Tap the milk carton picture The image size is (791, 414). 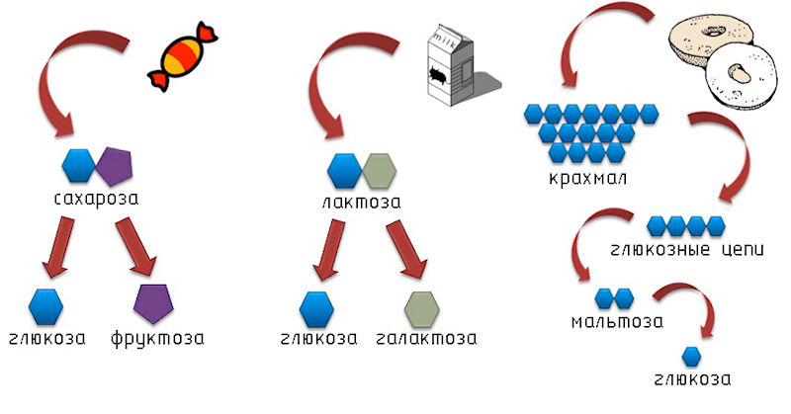pos(445,64)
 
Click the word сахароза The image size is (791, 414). pos(97,198)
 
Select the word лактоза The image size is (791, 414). pos(362,202)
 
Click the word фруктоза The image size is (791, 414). pos(157,339)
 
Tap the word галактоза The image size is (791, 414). pos(426,339)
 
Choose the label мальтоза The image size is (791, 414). pos(617,321)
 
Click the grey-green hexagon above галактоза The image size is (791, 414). pos(421,308)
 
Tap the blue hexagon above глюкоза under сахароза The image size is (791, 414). pos(46,307)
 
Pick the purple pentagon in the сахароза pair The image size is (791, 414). pos(114,166)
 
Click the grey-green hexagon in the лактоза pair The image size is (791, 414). pos(379,171)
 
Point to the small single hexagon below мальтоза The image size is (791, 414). pos(692,356)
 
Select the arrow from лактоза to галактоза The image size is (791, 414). pos(405,250)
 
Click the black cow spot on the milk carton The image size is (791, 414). pos(439,75)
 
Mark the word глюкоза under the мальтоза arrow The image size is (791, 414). pos(693,379)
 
